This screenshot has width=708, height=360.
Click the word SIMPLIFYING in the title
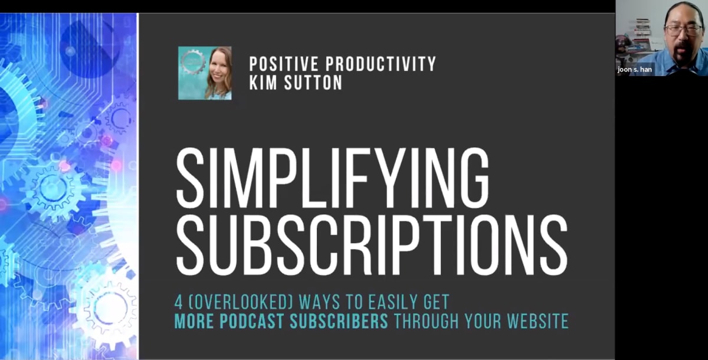[332, 172]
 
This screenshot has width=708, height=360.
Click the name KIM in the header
[264, 83]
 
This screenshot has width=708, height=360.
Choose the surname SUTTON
[313, 83]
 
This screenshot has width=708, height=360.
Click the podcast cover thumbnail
[205, 73]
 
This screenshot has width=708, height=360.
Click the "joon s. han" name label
[635, 69]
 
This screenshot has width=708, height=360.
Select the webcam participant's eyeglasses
[683, 28]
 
